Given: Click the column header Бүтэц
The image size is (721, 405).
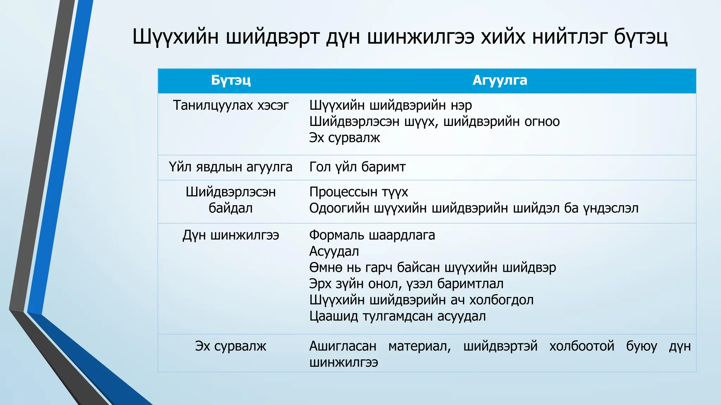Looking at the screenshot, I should click(x=231, y=81).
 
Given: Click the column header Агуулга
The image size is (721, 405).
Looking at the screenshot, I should click(x=500, y=81).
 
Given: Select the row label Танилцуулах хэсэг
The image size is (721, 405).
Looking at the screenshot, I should click(x=231, y=105).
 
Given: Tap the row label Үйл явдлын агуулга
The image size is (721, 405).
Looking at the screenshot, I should click(x=231, y=167).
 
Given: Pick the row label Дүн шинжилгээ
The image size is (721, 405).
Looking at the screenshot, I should click(x=231, y=235).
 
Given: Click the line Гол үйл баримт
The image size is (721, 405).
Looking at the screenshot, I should click(x=357, y=167).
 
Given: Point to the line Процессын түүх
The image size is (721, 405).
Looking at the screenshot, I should click(x=358, y=192).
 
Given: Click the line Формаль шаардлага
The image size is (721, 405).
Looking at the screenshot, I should click(x=372, y=235).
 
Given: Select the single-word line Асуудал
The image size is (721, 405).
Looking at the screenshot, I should click(x=334, y=251).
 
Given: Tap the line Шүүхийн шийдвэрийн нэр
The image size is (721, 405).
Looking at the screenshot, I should click(x=390, y=105).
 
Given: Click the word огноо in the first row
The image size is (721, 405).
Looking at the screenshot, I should click(x=542, y=122).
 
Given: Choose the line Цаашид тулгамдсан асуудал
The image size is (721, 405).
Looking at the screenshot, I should click(x=397, y=316).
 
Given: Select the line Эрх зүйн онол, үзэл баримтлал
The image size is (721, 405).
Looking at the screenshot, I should click(x=406, y=284).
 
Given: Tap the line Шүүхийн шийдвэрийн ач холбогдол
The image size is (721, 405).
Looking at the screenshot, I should click(x=421, y=300).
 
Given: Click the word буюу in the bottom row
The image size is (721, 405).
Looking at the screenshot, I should click(x=641, y=346).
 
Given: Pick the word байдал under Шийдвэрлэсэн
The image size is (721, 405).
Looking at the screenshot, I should click(x=231, y=208).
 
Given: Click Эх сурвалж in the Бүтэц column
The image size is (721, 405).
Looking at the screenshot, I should click(x=231, y=346).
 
